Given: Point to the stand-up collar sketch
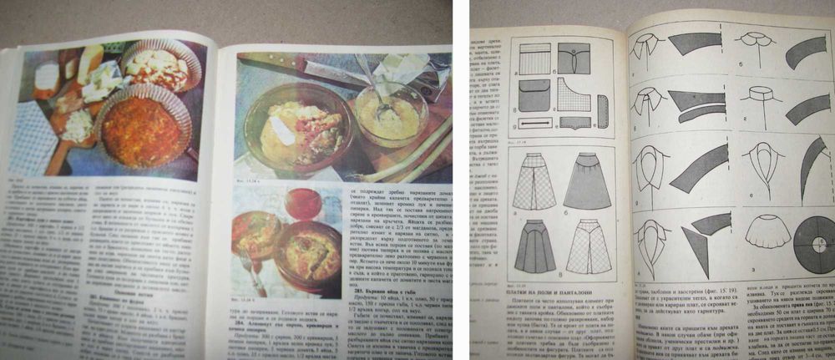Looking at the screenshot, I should tap(761, 97).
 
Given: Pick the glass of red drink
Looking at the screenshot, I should tap(301, 203).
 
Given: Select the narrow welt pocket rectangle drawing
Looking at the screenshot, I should tap(536, 123).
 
